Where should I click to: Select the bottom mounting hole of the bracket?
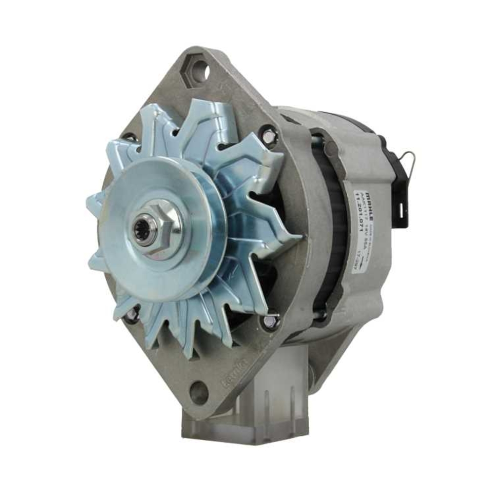(199, 392)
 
